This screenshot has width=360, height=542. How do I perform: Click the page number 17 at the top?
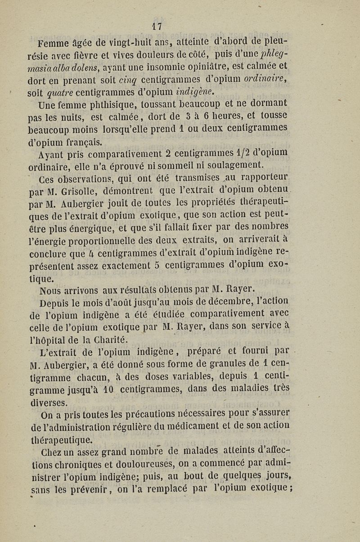157,26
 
